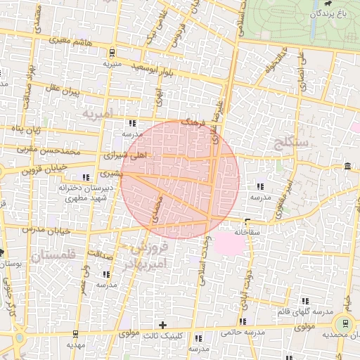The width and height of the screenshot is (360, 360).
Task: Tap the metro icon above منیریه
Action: (112, 53)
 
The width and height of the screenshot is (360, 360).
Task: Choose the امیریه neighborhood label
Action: (97, 112)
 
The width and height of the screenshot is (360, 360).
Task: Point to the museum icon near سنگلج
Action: (348, 166)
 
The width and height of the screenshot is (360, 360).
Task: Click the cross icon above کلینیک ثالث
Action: (163, 325)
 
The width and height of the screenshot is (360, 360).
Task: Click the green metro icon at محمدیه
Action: (345, 323)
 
